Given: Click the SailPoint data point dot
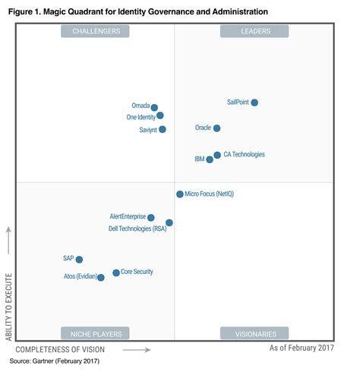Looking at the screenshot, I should click(254, 102).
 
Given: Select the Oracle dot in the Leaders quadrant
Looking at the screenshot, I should click(217, 128).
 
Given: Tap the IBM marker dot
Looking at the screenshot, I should click(210, 159).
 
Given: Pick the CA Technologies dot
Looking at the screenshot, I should click(217, 155).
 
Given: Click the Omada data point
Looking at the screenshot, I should click(154, 108).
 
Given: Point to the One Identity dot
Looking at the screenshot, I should click(159, 116).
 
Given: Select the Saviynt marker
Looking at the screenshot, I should click(163, 129).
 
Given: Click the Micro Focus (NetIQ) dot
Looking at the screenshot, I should click(180, 194).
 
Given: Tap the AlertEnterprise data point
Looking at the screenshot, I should click(151, 218).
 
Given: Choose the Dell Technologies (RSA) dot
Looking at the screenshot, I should click(169, 223).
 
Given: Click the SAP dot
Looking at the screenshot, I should click(79, 260).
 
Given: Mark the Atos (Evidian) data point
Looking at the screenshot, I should click(101, 278).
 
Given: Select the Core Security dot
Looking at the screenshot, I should click(116, 273).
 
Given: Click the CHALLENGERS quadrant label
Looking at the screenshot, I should click(96, 31).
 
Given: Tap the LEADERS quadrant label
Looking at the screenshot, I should click(254, 31).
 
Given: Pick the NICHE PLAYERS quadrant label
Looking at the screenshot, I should click(96, 332).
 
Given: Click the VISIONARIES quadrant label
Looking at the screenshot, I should click(254, 332).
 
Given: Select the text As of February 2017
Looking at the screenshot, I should click(302, 348).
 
